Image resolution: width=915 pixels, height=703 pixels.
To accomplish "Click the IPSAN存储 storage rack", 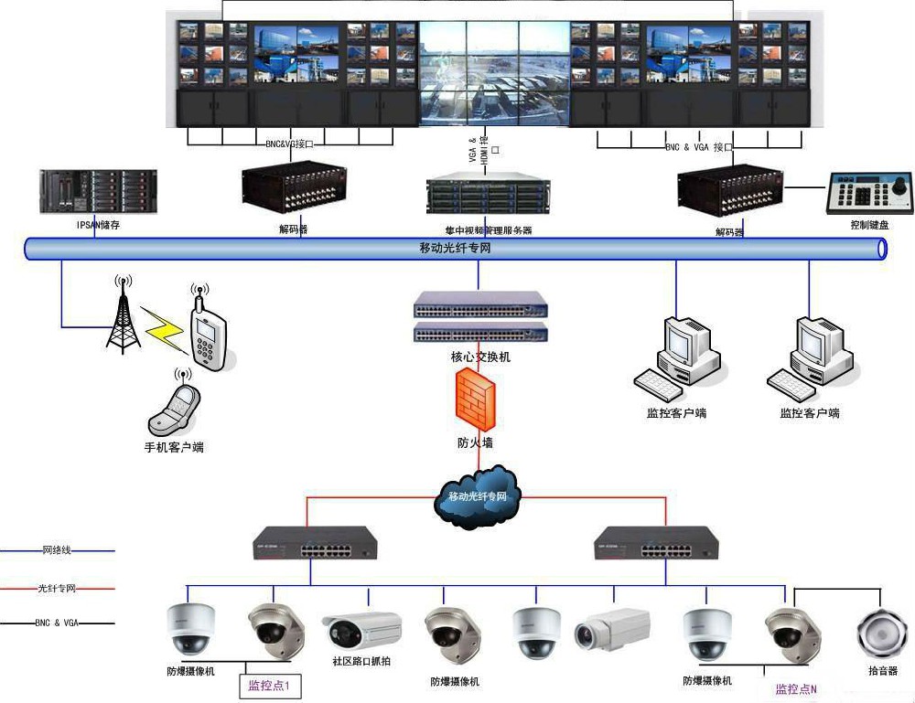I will coord(98,190).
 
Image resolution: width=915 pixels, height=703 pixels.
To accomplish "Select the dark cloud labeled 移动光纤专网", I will coord(478,496).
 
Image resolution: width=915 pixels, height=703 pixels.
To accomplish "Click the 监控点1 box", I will coord(269,685).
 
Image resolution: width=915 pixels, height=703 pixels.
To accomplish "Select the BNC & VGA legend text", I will coord(57,623).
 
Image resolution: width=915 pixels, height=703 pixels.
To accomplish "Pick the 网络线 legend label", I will coord(57,550).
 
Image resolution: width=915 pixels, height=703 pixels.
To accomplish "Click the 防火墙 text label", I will coord(475,442).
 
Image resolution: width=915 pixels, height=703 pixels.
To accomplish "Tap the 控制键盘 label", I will coord(869,224).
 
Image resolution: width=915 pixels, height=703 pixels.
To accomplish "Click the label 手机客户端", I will coord(174,448).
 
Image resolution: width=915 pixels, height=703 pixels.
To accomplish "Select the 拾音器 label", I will coord(882,671).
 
